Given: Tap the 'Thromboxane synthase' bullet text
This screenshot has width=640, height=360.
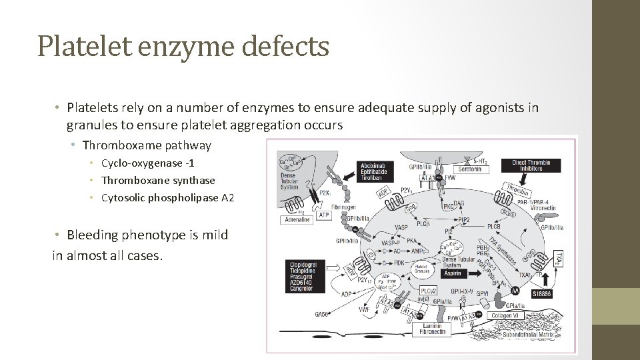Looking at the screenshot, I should tap(158, 181).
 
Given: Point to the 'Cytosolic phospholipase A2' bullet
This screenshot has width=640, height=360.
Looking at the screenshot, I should tap(167, 198).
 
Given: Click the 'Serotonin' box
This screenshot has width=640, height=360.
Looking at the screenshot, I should tap(470, 170).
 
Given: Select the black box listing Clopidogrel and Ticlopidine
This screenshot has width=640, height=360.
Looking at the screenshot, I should tap(303, 277).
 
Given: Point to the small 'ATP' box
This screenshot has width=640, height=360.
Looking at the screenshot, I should tap(324, 215).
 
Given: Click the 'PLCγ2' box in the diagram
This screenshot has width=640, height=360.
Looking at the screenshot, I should tap(429, 291).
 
